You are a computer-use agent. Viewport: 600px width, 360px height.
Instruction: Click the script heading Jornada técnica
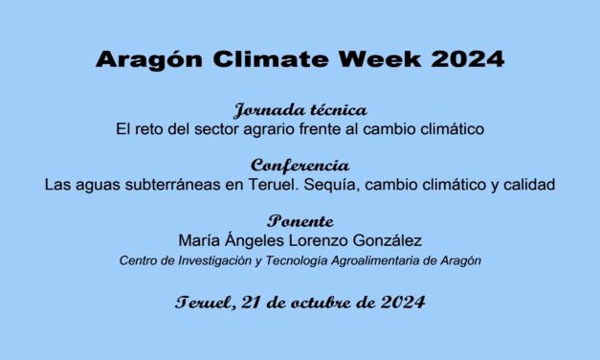tap(300, 109)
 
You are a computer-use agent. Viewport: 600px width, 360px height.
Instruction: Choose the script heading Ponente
tap(300, 221)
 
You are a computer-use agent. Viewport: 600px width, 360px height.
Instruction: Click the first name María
tap(202, 240)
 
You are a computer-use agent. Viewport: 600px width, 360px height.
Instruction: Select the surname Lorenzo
tap(317, 240)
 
